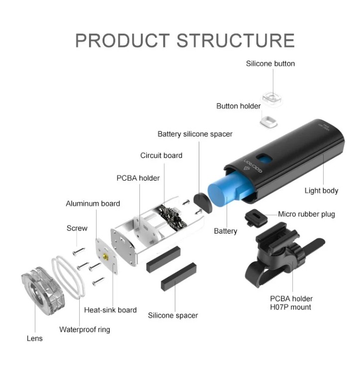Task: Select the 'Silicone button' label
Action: click(270, 64)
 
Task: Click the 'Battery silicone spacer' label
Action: click(195, 134)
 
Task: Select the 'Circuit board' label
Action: click(161, 155)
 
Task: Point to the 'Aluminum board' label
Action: click(93, 204)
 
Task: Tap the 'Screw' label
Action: click(77, 228)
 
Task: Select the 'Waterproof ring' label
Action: click(85, 329)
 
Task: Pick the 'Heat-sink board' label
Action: click(110, 310)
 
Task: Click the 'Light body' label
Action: click(321, 190)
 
